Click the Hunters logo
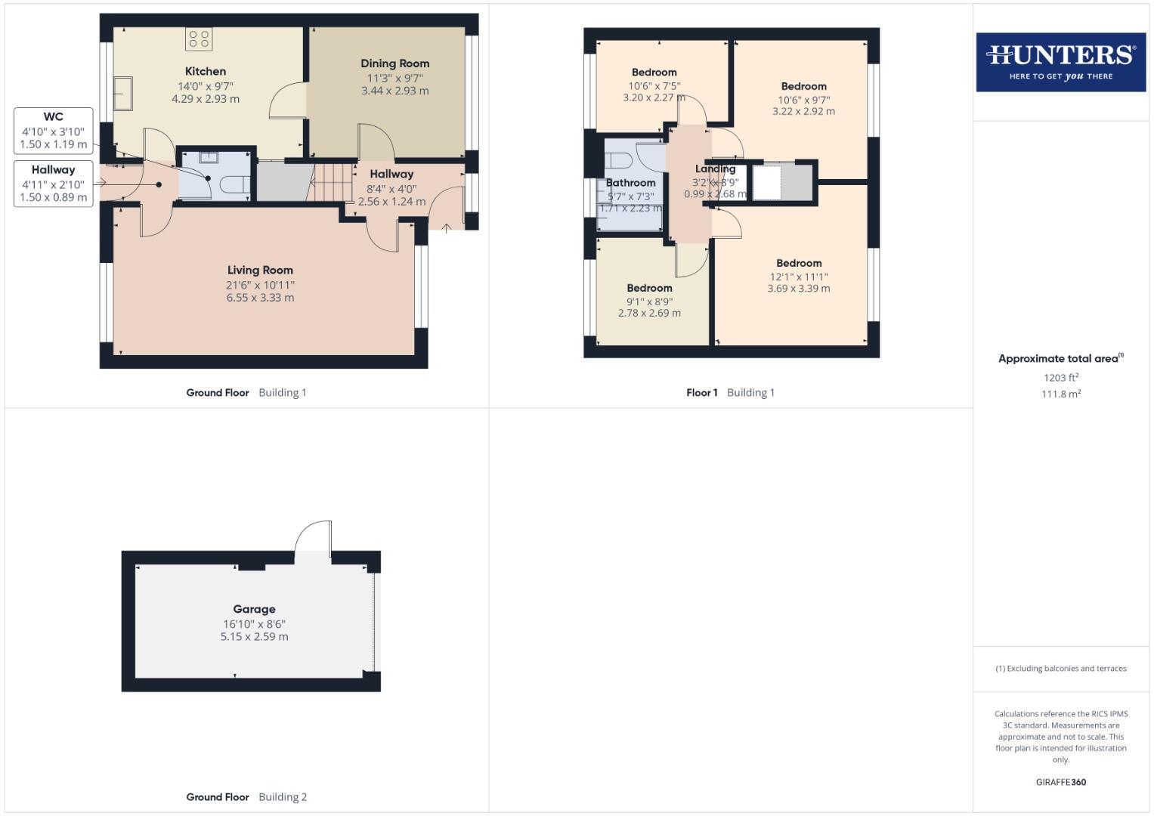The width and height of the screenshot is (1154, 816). point(1060,62)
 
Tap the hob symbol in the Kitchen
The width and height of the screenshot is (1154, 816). point(200,39)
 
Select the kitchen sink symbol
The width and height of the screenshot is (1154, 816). point(122,94)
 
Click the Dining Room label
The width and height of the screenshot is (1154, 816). point(394,63)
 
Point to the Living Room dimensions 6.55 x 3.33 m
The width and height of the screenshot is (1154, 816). point(260,298)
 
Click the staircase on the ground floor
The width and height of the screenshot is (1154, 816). point(332,183)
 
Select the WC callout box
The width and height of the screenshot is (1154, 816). point(54,130)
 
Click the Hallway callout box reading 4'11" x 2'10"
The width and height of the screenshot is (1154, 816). point(54,183)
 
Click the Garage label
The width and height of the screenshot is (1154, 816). point(254,609)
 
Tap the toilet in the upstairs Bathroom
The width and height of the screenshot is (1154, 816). point(620,161)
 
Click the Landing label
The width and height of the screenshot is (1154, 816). point(715,168)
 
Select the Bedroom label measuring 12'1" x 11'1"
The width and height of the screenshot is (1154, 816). point(799,263)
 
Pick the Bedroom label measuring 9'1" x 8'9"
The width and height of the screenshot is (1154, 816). point(649,288)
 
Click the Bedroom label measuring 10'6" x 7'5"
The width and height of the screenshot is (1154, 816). point(654,73)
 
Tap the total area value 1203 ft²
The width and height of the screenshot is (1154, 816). point(1060,378)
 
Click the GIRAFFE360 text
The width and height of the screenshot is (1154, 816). point(1060,782)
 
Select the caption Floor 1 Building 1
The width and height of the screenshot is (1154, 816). point(730,392)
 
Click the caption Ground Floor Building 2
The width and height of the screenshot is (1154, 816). point(246,796)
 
